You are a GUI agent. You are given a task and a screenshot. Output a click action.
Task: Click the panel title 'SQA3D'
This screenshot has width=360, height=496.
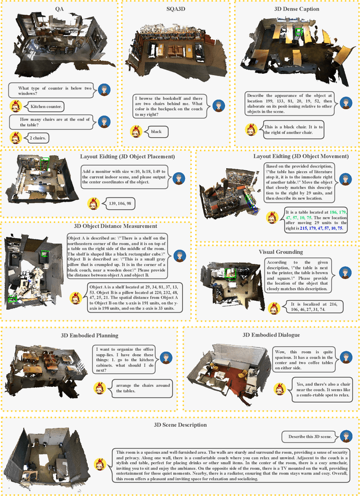[175, 10]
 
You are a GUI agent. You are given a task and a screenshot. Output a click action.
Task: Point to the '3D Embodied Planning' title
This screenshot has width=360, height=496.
[89, 336]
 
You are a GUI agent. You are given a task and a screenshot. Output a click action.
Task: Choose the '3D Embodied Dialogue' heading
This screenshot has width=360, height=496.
[271, 336]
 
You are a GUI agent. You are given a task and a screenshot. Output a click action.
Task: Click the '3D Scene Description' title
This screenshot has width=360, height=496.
[181, 425]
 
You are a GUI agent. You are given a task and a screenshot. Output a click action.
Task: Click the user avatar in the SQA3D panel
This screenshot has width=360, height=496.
[219, 105]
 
